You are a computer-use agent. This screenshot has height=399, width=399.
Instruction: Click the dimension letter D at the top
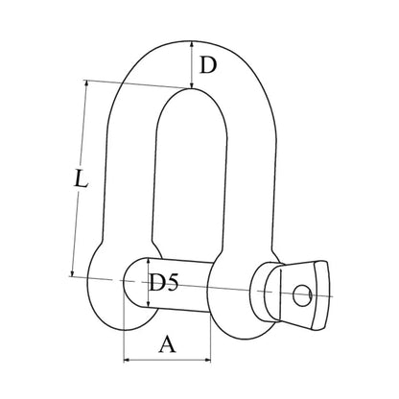208,65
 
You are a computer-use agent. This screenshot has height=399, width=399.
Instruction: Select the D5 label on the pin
163,282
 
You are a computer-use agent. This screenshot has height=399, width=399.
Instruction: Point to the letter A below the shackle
167,344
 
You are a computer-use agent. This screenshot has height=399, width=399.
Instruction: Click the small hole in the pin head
302,295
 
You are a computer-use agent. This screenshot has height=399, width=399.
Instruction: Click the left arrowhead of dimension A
127,360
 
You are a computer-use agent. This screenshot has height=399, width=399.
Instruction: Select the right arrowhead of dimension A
208,360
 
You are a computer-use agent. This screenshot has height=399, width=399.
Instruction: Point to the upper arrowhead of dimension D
192,44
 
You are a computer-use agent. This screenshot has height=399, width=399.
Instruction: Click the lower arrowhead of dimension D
192,85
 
